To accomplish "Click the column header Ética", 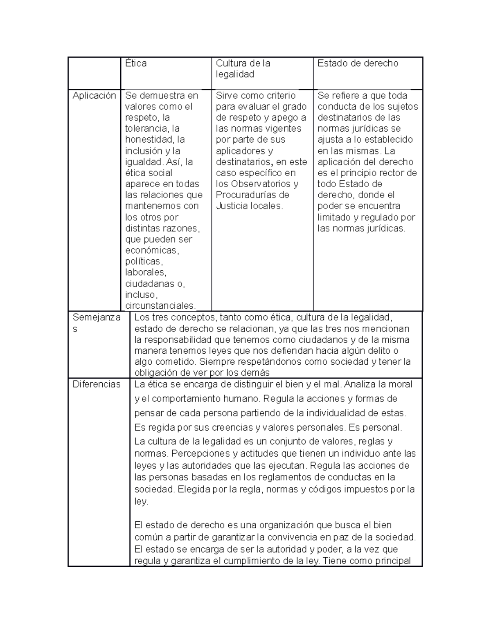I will click(136, 63).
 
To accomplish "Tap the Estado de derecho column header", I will click(358, 63).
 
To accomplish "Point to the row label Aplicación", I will click(94, 96).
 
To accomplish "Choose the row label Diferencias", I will click(97, 384).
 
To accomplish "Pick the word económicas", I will click(152, 250).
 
